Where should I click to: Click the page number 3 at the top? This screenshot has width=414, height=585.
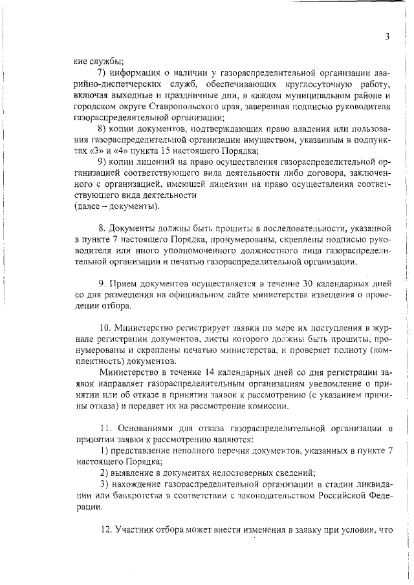(x=386, y=37)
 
